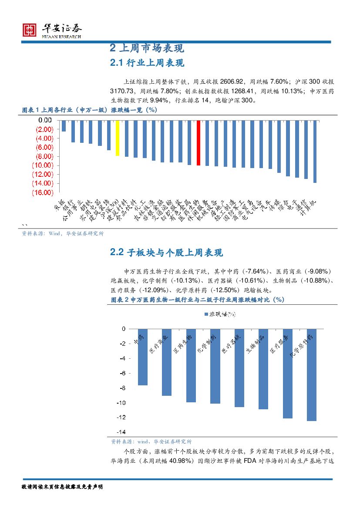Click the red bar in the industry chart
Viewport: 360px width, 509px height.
199,143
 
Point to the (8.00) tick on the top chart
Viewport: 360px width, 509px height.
43,156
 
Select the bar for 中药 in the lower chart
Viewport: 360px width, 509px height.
143,357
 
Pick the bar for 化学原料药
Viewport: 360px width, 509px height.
311,375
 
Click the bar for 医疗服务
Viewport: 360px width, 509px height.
287,374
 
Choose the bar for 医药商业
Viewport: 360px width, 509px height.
167,362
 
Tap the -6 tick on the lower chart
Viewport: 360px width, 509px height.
123,373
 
